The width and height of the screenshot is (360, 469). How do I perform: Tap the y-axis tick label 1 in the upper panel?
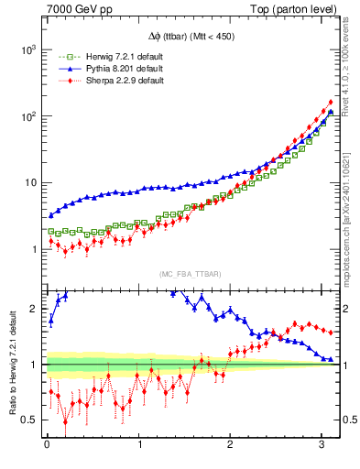(34, 249)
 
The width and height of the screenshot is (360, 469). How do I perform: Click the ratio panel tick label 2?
(35, 309)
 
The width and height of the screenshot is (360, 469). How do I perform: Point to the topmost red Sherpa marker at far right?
(330, 103)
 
